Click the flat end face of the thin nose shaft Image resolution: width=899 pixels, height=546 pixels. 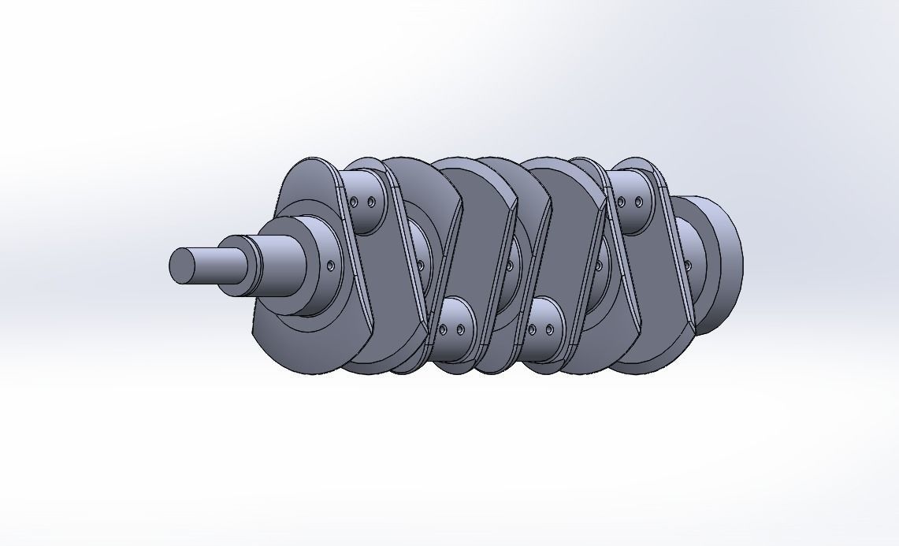coord(182,266)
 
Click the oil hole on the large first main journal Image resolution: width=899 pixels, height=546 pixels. coord(330,266)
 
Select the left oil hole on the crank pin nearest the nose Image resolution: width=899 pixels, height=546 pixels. coord(354,202)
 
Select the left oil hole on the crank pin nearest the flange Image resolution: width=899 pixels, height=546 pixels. coord(621,202)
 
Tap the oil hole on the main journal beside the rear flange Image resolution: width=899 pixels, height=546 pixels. coord(688,266)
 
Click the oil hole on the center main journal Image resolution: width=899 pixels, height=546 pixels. coord(509,266)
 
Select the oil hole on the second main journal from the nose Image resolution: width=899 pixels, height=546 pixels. coord(420,266)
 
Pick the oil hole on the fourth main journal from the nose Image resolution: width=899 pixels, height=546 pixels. coord(599,266)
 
